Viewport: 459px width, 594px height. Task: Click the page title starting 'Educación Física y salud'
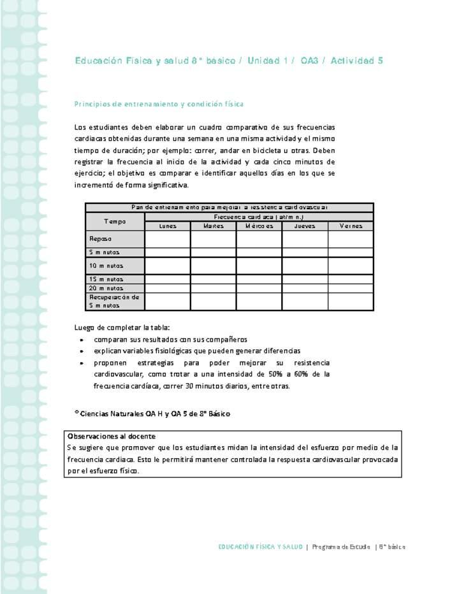tap(228, 61)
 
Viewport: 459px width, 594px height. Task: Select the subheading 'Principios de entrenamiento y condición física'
tap(159, 103)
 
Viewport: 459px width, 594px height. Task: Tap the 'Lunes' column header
tap(168, 226)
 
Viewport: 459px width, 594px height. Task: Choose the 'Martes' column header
tap(213, 226)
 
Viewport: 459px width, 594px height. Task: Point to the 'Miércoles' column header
tap(259, 226)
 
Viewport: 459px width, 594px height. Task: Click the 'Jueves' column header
tap(305, 226)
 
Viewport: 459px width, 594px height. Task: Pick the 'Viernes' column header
tap(351, 226)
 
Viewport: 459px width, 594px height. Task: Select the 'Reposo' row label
tap(101, 239)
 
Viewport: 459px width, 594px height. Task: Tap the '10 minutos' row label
tap(106, 266)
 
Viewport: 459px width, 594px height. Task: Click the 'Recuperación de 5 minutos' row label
tap(114, 301)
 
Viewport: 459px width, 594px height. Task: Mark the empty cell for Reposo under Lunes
tap(168, 239)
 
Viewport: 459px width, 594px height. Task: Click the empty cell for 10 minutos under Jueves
tap(305, 266)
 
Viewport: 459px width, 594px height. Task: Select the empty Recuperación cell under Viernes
tap(351, 301)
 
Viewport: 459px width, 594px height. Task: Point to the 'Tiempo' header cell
tap(115, 221)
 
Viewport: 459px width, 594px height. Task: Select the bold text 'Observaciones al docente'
tap(112, 437)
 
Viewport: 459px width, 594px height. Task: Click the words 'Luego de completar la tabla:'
tap(122, 328)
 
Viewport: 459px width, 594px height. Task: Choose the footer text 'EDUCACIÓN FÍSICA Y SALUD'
tap(260, 547)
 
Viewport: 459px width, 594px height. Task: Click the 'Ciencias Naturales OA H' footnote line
tap(153, 414)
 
